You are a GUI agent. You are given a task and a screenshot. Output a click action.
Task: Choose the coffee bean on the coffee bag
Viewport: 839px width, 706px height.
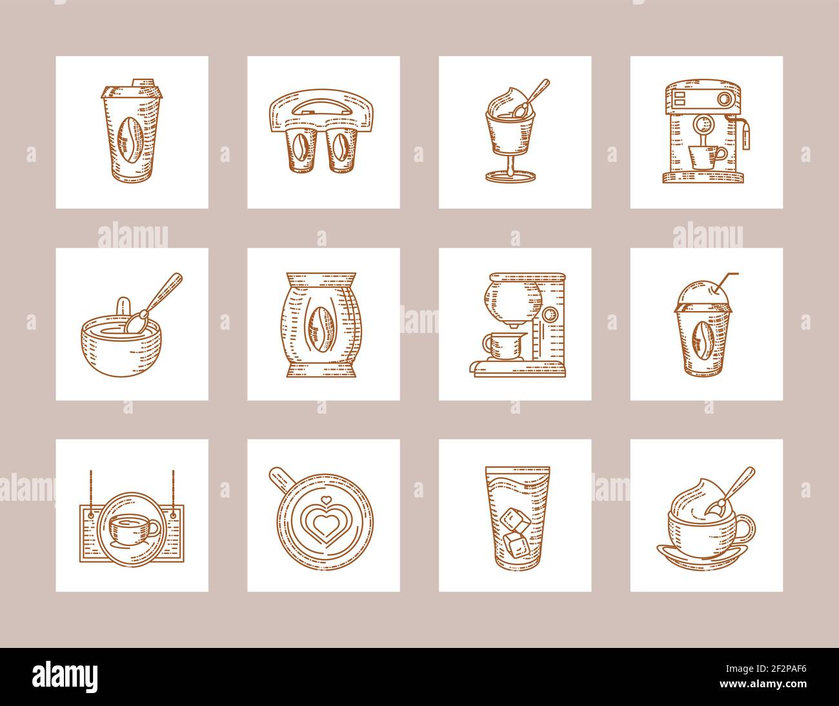click(x=323, y=326)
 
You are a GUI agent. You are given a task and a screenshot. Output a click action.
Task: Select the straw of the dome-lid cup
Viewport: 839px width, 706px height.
click(x=725, y=282)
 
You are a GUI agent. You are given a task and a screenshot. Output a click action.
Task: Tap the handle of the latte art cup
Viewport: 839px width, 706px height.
click(x=281, y=478)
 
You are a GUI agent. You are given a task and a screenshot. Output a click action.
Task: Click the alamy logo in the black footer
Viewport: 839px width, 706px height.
click(x=65, y=675)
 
